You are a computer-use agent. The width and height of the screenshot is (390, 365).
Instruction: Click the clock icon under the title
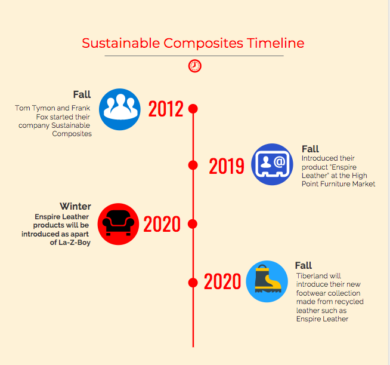tap(195, 66)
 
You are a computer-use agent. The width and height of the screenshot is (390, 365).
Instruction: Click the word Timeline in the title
tap(276, 43)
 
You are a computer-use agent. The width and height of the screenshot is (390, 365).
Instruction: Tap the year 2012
tap(166, 109)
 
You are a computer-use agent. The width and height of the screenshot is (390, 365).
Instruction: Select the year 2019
tap(227, 165)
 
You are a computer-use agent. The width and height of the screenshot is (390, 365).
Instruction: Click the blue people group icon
tap(120, 109)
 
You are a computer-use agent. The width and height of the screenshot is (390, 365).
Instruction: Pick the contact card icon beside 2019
tap(272, 164)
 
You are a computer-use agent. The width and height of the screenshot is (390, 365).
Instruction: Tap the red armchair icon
tap(118, 224)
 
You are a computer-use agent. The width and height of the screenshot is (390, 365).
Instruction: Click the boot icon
tap(267, 281)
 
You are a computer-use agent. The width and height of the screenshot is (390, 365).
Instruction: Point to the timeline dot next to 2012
tap(193, 109)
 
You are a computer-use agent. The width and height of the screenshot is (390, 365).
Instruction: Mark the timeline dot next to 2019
tap(193, 165)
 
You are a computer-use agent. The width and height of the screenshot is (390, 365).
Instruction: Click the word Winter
tap(75, 206)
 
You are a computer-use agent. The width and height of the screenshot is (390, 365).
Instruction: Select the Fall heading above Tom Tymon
tap(82, 94)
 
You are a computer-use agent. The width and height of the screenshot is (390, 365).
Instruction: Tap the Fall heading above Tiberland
tap(304, 265)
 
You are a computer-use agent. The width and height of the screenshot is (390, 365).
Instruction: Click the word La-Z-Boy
tap(75, 243)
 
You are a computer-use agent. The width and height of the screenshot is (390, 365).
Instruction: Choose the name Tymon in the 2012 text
tap(44, 108)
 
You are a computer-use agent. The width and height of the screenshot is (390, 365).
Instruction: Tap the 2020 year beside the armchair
tap(162, 224)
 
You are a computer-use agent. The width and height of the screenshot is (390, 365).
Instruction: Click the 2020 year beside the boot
tap(222, 281)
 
